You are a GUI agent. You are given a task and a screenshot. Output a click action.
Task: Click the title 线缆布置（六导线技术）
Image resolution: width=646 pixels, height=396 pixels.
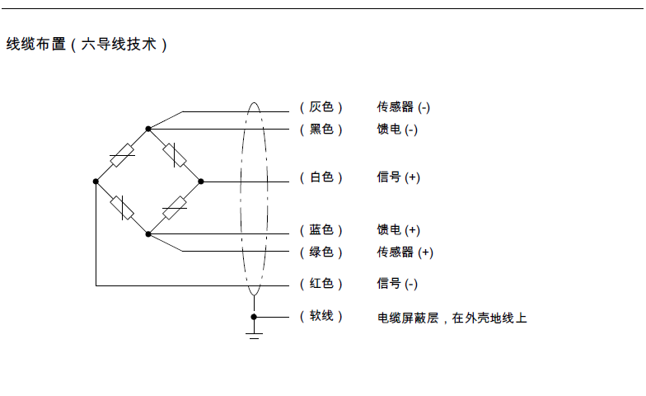pos(87,45)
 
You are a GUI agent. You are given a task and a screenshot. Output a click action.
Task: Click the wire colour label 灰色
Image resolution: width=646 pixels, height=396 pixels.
pos(321,107)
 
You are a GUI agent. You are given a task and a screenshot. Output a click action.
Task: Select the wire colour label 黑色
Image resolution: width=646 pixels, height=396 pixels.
pos(321,130)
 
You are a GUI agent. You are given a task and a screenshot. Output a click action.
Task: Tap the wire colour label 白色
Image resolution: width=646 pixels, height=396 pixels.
pos(321,177)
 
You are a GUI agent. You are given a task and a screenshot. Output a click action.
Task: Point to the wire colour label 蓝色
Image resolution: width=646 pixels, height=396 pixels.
pos(321,229)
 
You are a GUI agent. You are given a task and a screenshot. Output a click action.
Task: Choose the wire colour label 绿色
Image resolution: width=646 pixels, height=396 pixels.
pos(321,252)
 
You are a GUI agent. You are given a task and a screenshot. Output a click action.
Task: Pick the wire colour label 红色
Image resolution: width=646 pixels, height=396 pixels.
pos(321,284)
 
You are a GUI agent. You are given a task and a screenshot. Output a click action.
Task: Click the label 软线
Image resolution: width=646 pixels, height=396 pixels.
pos(321,316)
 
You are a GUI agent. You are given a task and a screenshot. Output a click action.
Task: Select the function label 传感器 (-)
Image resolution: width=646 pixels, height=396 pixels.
pos(404,107)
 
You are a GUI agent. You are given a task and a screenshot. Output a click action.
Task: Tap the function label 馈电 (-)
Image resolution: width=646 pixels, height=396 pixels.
pos(397,130)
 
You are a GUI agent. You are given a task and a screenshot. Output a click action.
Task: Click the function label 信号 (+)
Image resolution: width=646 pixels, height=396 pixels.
pos(399,177)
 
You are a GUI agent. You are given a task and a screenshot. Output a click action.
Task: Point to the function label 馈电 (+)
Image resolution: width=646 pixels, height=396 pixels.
pos(399,229)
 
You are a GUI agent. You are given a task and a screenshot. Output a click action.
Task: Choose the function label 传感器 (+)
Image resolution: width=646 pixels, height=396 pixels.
pos(405,252)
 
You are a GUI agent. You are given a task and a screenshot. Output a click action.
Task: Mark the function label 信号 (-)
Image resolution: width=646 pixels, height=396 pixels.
pos(397,284)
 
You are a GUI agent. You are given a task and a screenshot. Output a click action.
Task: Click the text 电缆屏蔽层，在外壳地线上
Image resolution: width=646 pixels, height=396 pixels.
pos(452,318)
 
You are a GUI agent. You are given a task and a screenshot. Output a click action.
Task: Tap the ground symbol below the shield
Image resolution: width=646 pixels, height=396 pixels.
pos(254,336)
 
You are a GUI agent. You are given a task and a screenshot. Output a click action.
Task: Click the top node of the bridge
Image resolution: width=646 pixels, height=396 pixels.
pos(148,129)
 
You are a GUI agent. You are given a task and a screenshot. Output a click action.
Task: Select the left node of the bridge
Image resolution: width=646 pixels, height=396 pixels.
pos(96,181)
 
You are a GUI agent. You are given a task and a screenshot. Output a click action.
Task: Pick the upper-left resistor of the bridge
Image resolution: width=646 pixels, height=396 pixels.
pos(122,155)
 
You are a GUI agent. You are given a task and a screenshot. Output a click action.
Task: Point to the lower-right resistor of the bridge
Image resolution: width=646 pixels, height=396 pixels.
pos(175,208)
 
